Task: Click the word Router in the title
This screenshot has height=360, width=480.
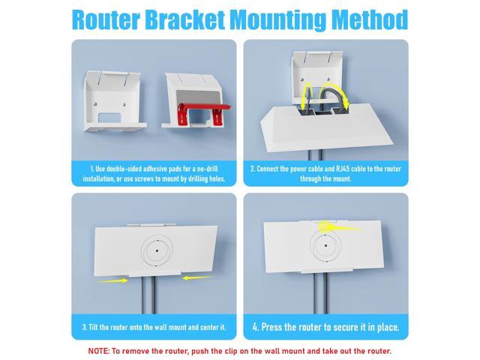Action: [106, 20]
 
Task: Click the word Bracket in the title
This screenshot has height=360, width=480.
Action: [185, 20]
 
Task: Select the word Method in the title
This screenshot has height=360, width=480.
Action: [370, 20]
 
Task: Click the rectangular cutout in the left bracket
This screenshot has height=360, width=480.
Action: [109, 118]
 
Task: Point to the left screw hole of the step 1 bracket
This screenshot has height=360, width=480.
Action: [96, 103]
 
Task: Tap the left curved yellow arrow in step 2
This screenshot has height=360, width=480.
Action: [307, 94]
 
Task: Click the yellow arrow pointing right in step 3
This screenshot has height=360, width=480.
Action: [112, 280]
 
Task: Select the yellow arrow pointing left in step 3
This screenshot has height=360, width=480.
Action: [196, 277]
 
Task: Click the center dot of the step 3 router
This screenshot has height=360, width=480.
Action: [157, 250]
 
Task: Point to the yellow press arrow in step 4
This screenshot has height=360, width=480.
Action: [338, 227]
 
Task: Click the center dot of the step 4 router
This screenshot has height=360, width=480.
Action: [325, 245]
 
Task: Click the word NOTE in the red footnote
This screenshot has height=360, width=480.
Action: [98, 351]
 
